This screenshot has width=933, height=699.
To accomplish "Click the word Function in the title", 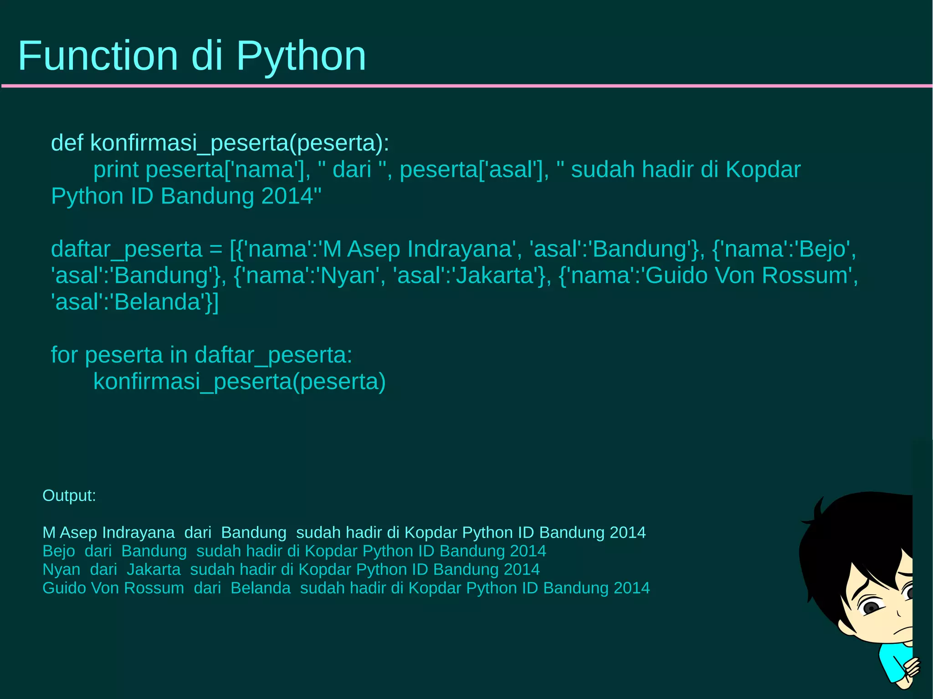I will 97,56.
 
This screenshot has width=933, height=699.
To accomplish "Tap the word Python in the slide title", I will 301,56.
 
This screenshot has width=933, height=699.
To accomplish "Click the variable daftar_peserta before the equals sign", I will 126,250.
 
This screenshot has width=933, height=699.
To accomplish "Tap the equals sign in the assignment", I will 216,250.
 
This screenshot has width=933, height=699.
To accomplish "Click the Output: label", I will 69,495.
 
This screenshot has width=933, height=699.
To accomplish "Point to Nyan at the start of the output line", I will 61,570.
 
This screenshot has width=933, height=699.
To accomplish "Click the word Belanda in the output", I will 261,588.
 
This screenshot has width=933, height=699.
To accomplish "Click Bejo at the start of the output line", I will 59,551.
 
